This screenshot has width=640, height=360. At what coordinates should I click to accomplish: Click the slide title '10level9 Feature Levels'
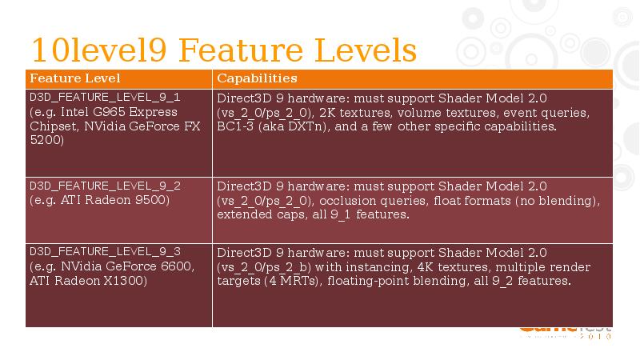223,50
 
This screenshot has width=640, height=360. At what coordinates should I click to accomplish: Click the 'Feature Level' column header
74,78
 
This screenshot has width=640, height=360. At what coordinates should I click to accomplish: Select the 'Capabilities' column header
257,78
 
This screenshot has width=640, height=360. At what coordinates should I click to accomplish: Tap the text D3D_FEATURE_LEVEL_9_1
105,97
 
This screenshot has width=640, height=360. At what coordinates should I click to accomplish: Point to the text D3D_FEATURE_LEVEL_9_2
105,186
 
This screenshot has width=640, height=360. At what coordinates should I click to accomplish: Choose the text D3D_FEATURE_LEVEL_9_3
105,251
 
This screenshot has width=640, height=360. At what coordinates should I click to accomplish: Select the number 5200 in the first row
46,140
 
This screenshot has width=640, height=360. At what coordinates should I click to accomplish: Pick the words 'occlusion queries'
366,200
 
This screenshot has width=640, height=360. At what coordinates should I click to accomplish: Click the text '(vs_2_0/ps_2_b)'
265,266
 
